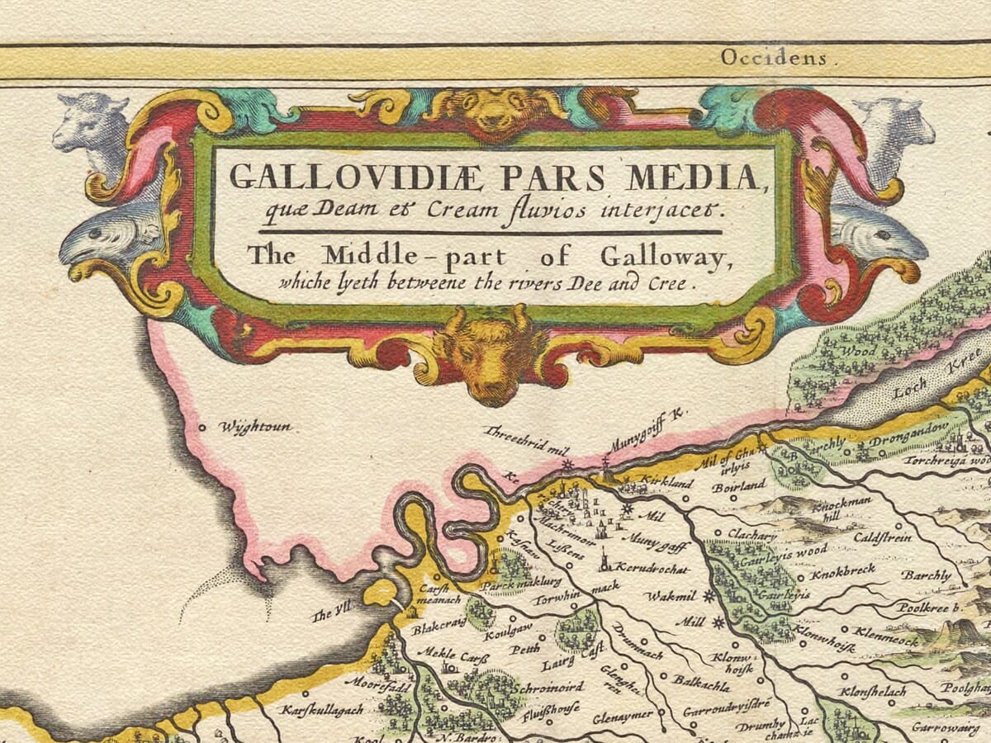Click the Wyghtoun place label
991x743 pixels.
point(255,428)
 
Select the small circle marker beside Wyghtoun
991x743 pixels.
point(202,428)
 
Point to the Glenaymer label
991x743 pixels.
point(621,714)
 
